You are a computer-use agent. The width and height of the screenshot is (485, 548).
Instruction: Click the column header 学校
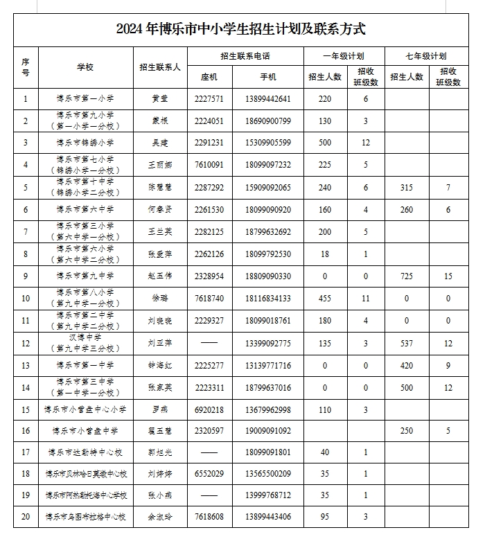85,67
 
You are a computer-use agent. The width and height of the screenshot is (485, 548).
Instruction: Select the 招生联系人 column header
160,67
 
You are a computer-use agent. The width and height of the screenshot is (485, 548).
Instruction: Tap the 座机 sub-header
209,77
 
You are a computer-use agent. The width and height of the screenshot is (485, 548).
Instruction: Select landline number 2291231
209,143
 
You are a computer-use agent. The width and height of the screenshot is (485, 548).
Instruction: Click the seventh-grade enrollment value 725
407,276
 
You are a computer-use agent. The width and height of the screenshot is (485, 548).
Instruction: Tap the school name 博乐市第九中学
85,276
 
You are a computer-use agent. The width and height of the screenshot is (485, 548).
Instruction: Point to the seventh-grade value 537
407,343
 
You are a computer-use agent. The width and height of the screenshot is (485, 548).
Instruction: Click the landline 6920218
209,409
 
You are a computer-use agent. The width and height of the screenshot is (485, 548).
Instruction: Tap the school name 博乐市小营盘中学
85,431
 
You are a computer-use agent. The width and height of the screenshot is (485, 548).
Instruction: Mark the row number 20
26,517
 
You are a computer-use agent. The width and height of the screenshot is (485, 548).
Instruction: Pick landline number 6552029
209,474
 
